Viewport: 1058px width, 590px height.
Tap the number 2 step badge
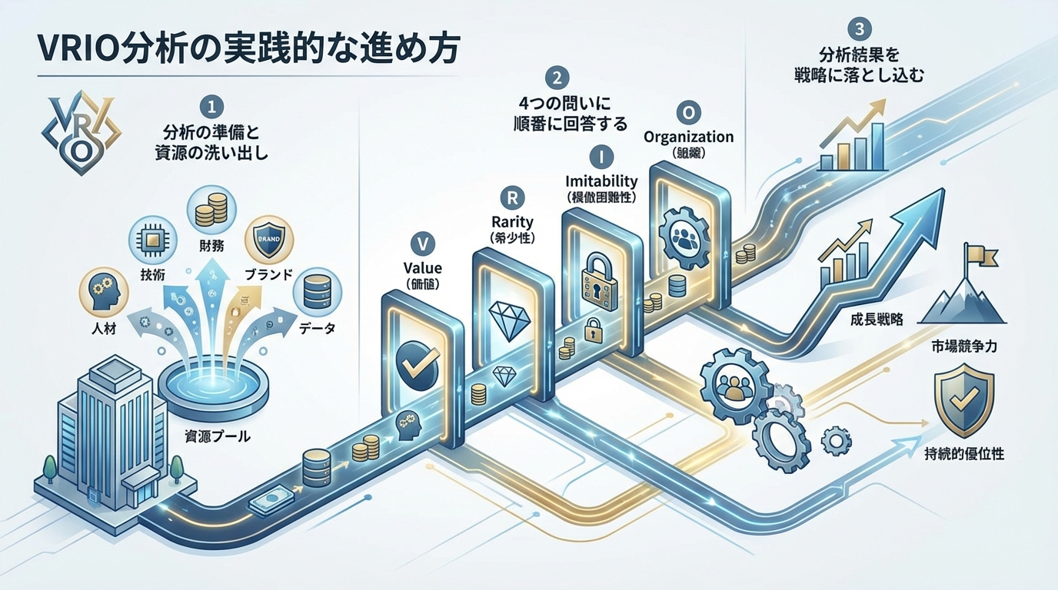[x=556, y=77]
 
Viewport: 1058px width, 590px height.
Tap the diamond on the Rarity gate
[x=507, y=316]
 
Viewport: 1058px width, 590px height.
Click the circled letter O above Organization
[x=689, y=113]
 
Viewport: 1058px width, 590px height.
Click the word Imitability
[x=602, y=181]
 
